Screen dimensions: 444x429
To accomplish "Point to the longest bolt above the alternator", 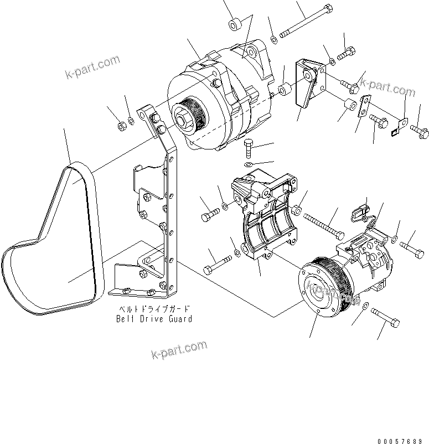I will pos(305,23).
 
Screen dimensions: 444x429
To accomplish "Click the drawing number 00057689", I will pos(402,441).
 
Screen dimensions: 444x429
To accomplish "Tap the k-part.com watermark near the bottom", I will pos(178,349).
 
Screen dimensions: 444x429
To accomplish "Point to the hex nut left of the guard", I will pos(122,127).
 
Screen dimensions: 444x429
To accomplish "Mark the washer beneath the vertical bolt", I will pos(249,165).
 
